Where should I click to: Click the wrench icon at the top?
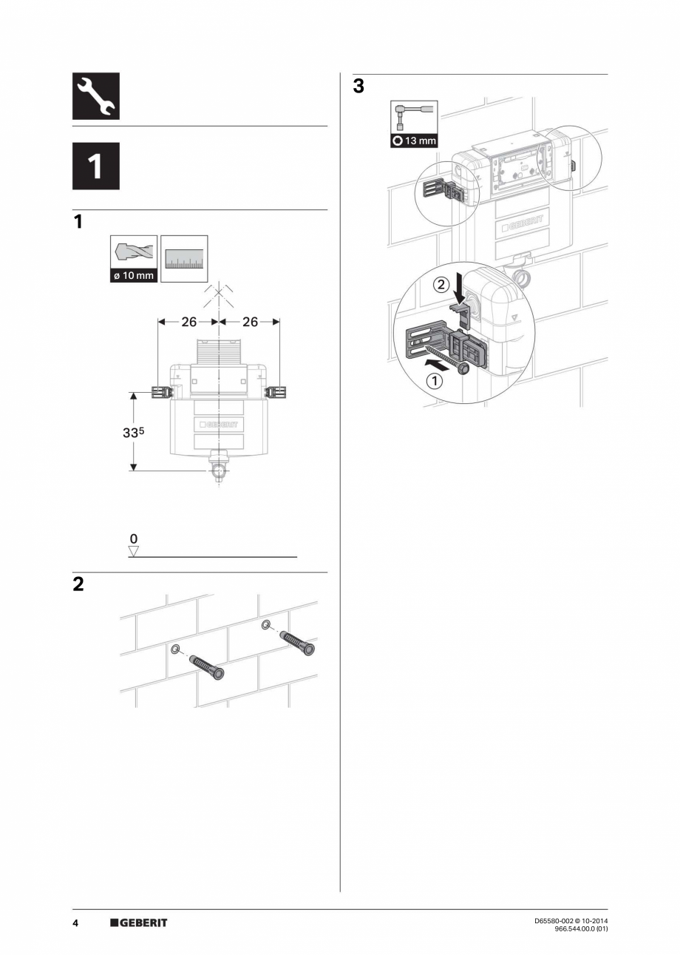[x=96, y=96]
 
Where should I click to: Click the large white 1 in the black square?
[x=96, y=166]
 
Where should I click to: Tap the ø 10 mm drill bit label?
[x=134, y=277]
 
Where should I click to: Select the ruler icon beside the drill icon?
[x=184, y=258]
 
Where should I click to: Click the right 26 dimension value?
[x=249, y=322]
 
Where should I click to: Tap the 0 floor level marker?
[x=134, y=539]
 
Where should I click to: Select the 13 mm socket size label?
[x=414, y=141]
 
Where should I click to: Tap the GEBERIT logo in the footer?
[x=138, y=922]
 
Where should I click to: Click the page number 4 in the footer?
[x=75, y=922]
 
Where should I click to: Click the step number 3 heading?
[x=358, y=87]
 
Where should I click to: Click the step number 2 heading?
[x=78, y=584]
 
